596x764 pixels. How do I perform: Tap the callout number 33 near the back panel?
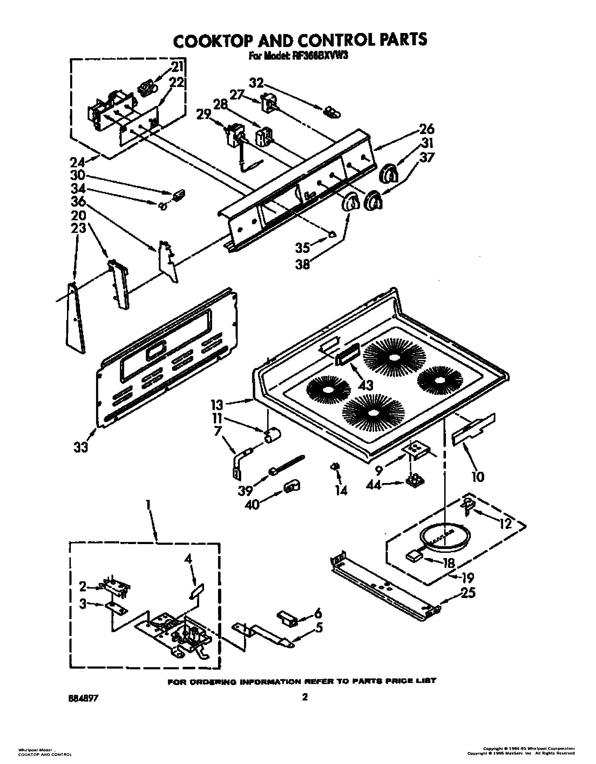[81, 447]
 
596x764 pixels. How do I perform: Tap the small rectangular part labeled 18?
[414, 556]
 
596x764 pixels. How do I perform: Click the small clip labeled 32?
[331, 113]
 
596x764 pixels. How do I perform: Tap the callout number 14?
[341, 490]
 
